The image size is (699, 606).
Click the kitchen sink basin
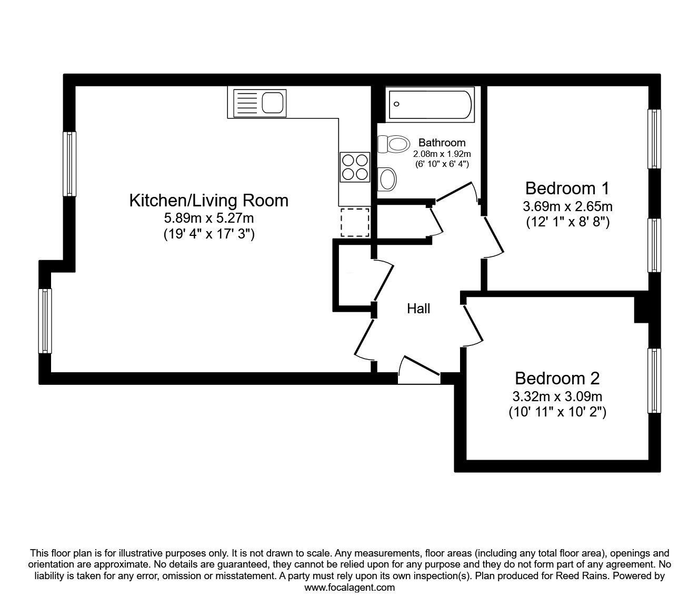272,103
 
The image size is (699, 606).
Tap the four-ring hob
355,167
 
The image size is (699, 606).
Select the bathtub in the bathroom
430,104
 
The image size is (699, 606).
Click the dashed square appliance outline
355,222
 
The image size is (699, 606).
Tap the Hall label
418,309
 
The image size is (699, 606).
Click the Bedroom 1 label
567,188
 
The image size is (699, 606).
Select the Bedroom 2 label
557,378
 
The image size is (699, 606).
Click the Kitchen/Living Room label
208,200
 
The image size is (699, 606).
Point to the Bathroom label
442,143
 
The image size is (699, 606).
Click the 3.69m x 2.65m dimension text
567,206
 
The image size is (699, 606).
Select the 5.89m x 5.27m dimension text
208,218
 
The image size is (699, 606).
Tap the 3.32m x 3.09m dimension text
557,396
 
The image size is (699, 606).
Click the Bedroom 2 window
654,380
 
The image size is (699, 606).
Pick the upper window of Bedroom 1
654,138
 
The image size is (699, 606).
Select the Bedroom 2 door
473,326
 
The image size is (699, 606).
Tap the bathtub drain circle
396,104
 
